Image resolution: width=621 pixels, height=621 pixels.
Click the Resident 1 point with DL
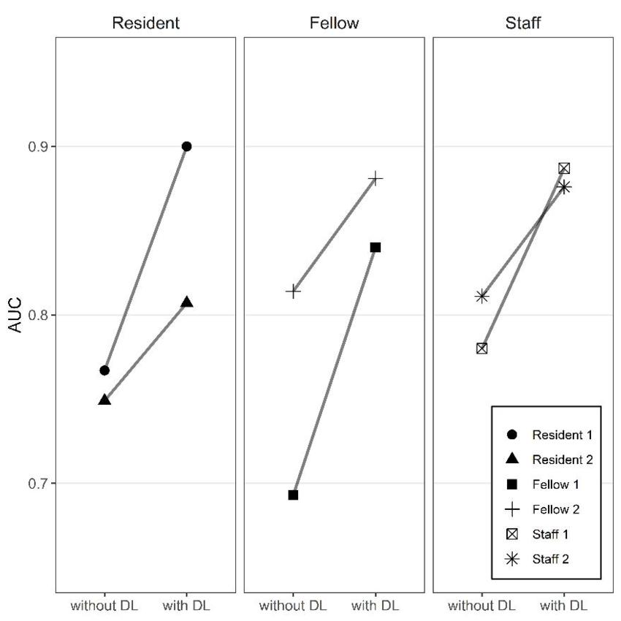pyautogui.click(x=186, y=146)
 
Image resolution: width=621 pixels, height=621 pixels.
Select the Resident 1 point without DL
pyautogui.click(x=104, y=370)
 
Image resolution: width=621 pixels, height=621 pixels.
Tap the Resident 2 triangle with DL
pyautogui.click(x=186, y=302)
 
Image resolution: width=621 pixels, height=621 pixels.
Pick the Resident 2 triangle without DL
pyautogui.click(x=104, y=400)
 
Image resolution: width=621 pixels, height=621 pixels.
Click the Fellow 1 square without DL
pyautogui.click(x=293, y=495)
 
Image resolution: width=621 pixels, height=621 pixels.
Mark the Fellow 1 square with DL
pyautogui.click(x=376, y=247)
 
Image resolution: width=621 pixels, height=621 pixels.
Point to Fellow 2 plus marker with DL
pyautogui.click(x=376, y=178)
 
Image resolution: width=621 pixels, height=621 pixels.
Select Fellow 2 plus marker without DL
pyautogui.click(x=293, y=291)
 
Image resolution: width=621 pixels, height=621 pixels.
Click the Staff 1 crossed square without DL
pyautogui.click(x=481, y=348)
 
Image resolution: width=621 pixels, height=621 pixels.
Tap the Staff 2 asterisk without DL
pyautogui.click(x=481, y=296)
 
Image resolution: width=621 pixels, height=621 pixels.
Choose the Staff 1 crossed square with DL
pyautogui.click(x=564, y=168)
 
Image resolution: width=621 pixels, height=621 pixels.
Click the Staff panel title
pyautogui.click(x=523, y=23)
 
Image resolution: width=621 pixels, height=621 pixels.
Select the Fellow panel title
pyautogui.click(x=334, y=23)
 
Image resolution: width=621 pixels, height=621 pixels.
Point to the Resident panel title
pyautogui.click(x=145, y=23)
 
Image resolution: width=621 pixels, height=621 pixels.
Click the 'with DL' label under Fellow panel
pyautogui.click(x=376, y=606)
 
